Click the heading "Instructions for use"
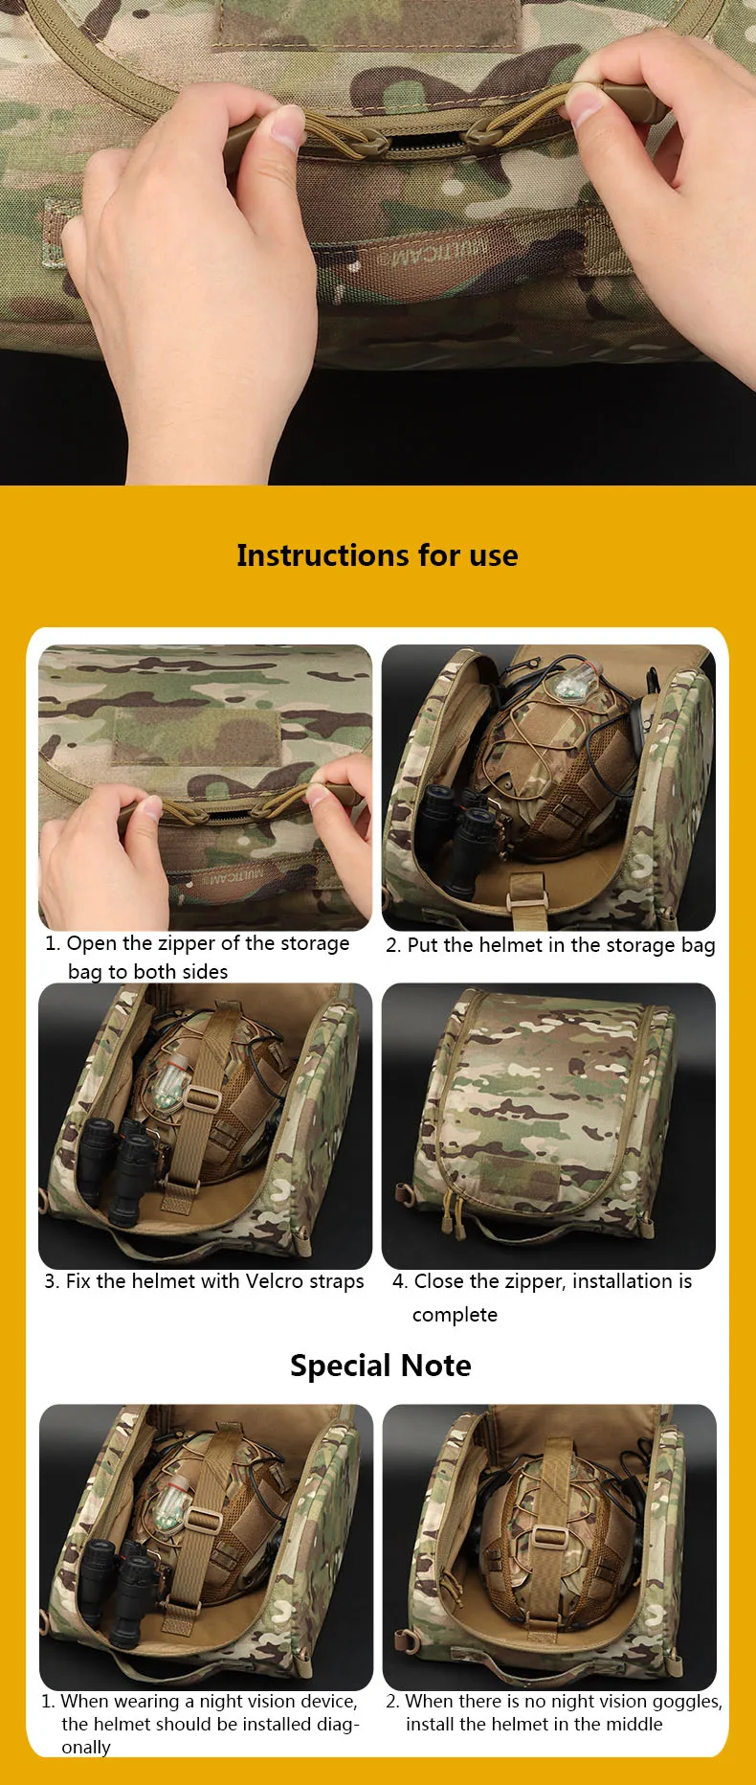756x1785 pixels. [377, 555]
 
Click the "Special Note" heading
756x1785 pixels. [380, 1365]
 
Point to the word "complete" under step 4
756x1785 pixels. [455, 1315]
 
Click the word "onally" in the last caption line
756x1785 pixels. [86, 1748]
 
